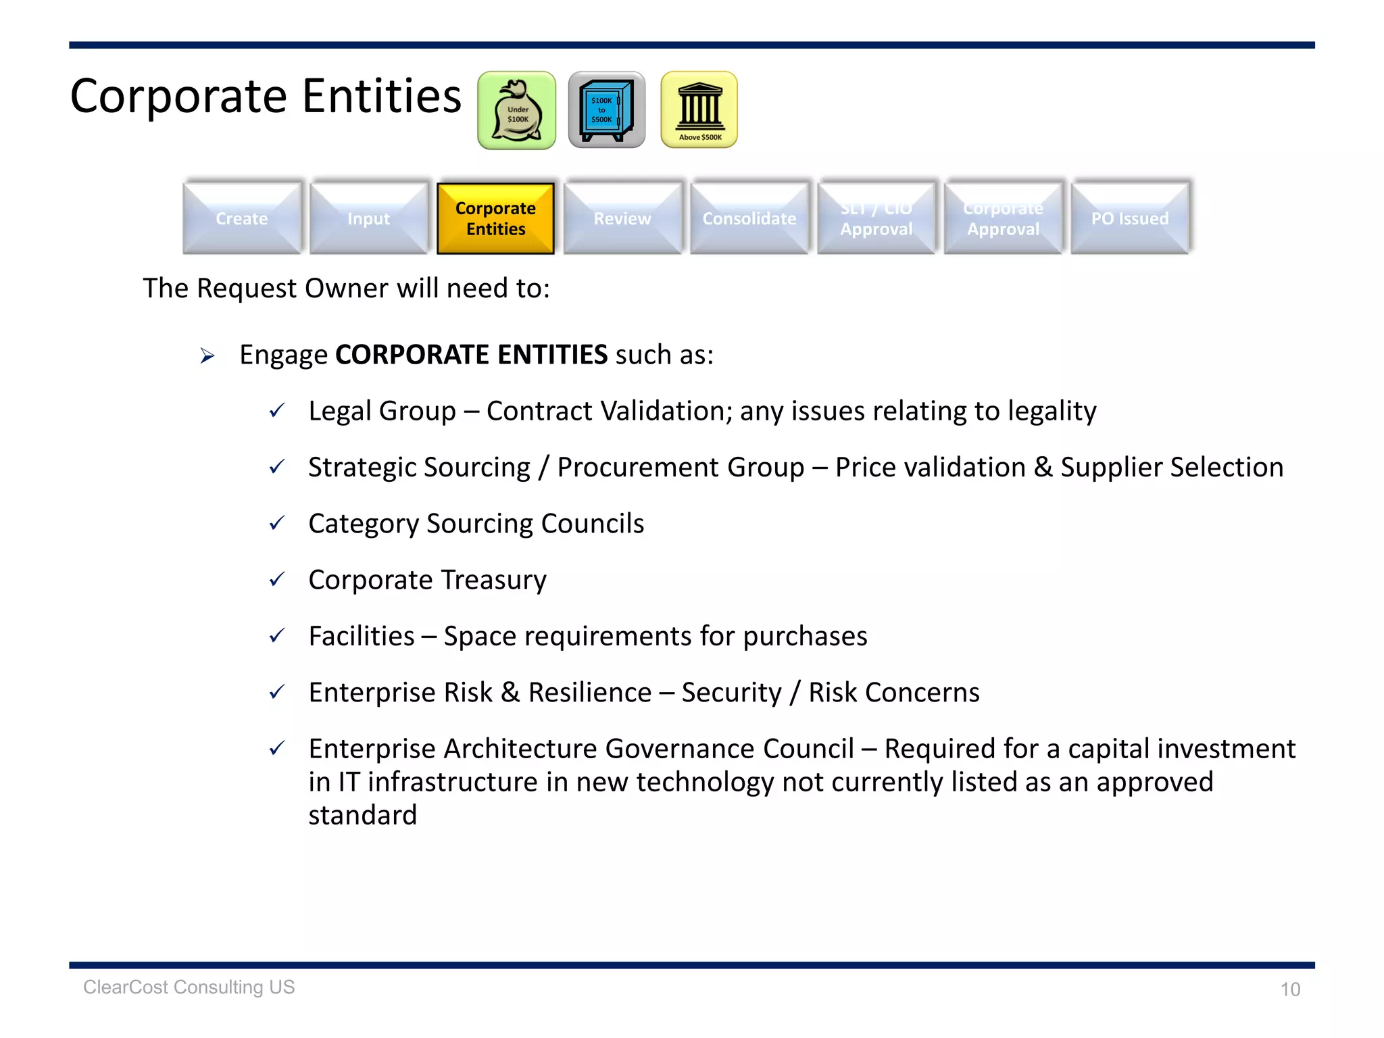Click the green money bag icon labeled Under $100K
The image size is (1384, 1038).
tap(517, 111)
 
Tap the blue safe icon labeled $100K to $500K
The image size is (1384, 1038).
tap(606, 110)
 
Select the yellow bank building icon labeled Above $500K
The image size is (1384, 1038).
tap(699, 110)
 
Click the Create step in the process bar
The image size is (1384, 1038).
tap(242, 218)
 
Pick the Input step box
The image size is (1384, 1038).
tap(369, 218)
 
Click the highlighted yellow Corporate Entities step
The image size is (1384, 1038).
tap(495, 218)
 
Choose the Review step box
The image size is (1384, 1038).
tap(622, 218)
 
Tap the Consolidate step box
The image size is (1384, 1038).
tap(749, 218)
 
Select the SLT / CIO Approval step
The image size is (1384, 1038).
tap(876, 218)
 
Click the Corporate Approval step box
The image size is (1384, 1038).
tap(1003, 218)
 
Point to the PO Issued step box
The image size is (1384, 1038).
tap(1130, 218)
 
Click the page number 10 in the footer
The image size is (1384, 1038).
tap(1290, 989)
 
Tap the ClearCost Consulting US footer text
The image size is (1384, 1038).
tap(189, 987)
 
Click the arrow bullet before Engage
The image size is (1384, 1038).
tap(207, 355)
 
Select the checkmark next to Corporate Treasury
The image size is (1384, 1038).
tap(277, 579)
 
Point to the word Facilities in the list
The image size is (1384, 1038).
tap(362, 637)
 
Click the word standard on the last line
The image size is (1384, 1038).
tap(363, 816)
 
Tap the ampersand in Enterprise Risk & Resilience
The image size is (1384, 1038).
tap(510, 693)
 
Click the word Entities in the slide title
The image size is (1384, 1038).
tap(382, 96)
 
